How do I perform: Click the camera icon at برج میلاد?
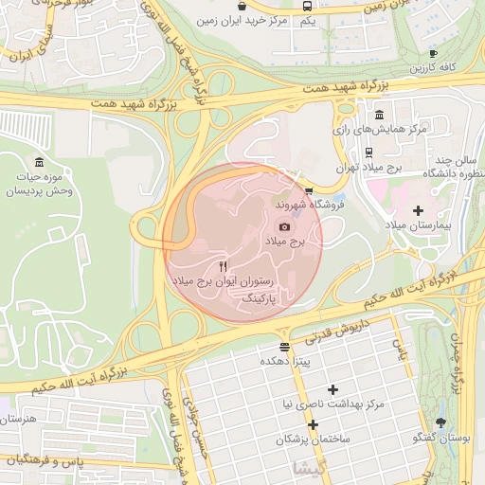click(x=285, y=226)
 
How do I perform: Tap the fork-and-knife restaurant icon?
click(x=223, y=266)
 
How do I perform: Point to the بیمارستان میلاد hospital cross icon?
click(x=419, y=209)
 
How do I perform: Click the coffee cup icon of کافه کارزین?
click(x=434, y=53)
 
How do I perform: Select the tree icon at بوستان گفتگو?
click(x=440, y=422)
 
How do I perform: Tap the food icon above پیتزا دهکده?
click(x=284, y=347)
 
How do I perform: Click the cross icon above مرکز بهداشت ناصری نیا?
click(x=332, y=389)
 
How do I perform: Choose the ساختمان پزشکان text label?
click(x=313, y=440)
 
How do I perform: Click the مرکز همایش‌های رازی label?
click(x=388, y=127)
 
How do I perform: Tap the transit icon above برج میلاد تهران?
click(x=368, y=151)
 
